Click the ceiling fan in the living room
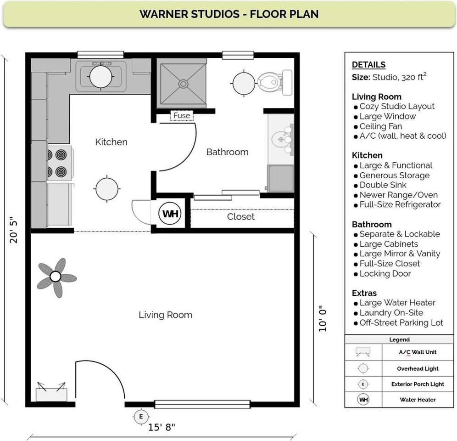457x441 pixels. (56, 277)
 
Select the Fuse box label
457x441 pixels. (182, 116)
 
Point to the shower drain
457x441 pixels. (183, 84)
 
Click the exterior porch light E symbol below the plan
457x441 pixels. (141, 417)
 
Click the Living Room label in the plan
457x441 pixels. (165, 315)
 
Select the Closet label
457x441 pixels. (240, 217)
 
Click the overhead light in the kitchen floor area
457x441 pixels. (107, 188)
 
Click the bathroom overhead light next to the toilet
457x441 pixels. (244, 83)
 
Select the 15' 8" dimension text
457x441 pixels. (162, 428)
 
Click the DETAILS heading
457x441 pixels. (368, 65)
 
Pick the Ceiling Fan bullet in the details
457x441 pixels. (380, 126)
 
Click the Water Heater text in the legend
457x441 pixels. (418, 400)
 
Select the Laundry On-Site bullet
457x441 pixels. (391, 313)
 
